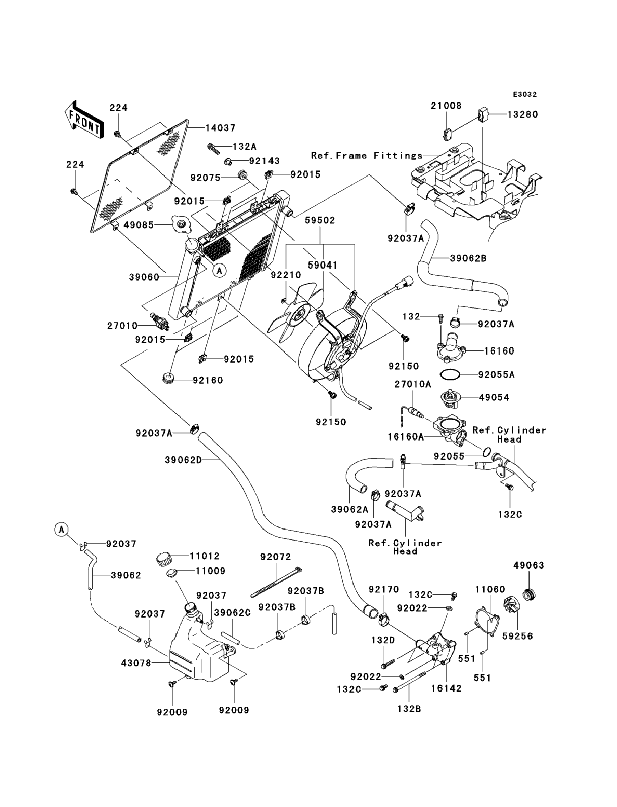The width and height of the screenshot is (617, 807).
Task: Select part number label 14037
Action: (x=220, y=128)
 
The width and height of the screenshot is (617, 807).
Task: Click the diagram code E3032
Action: (x=525, y=95)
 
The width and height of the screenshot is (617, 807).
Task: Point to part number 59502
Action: (x=320, y=220)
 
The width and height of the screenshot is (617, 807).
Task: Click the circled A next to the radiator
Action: (x=219, y=271)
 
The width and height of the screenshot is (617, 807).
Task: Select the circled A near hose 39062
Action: (x=62, y=529)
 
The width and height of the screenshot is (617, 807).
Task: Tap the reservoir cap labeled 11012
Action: (x=164, y=560)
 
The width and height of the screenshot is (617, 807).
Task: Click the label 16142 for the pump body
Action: (x=446, y=688)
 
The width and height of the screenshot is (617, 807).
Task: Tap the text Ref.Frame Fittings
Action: (x=367, y=155)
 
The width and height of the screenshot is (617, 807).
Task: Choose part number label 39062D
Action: (x=183, y=460)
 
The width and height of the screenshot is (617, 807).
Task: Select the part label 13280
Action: (x=522, y=114)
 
